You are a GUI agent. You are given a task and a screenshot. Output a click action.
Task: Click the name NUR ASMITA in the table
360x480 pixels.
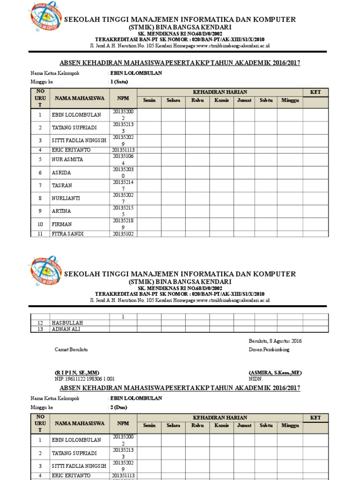pos(67,160)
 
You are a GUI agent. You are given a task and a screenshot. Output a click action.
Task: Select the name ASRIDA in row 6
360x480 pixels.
pos(62,173)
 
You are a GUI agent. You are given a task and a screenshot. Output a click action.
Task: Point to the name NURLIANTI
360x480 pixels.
pos(66,199)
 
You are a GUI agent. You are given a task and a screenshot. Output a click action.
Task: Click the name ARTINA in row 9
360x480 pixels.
pos(62,211)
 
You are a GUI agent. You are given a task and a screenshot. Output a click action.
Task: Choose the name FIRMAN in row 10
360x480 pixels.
pos(62,225)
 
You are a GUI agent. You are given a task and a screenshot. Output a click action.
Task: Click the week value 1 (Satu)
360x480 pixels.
pos(119,82)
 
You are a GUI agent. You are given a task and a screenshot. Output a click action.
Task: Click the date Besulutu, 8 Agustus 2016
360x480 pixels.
pos(275,341)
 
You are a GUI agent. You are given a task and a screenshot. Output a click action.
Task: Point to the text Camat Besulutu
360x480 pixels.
pos(71,350)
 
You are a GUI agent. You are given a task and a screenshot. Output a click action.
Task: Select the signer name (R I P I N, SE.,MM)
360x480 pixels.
pos(77,373)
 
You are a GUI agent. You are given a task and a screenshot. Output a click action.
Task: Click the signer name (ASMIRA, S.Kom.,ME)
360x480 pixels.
pos(275,373)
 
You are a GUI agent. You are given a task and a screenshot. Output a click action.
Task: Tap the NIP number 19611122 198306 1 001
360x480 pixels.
pos(85,379)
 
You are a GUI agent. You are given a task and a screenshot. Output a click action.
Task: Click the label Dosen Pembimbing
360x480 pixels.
pos(269,350)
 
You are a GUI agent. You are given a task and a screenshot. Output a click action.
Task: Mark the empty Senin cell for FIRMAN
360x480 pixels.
pos(149,224)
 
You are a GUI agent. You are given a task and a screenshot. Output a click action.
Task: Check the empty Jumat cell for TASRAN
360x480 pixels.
pos(245,186)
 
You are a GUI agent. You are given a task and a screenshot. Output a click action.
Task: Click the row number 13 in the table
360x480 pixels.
pos(40,329)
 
